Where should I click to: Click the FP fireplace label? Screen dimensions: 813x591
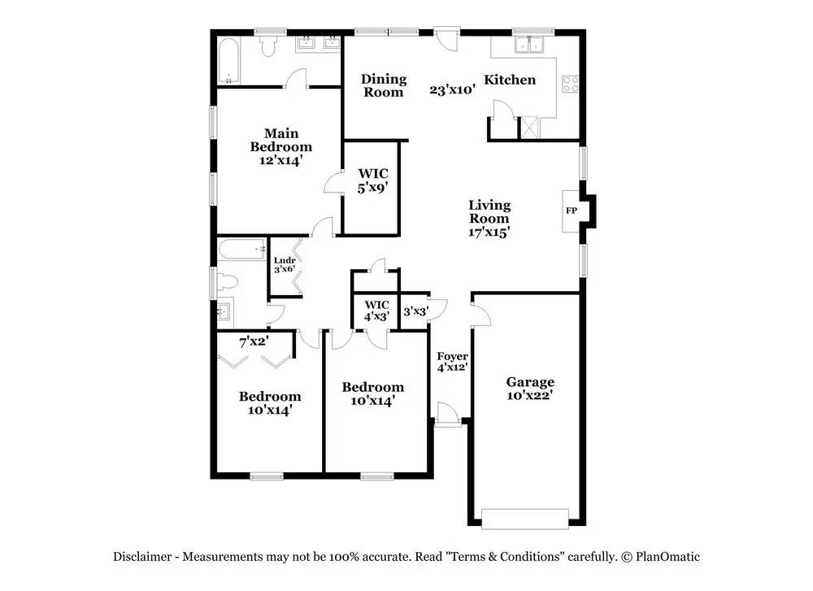[572, 211]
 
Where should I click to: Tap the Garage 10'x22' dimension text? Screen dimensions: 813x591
[530, 396]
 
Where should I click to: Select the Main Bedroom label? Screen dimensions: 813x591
[281, 140]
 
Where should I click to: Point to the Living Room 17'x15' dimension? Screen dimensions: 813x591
[489, 232]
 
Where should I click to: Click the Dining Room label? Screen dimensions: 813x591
[384, 85]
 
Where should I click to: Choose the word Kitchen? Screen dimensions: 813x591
[510, 80]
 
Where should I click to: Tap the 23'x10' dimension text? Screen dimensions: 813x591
[453, 89]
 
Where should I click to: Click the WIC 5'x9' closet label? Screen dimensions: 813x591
[373, 180]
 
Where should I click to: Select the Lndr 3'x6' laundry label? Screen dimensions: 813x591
[285, 265]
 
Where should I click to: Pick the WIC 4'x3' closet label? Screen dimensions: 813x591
[376, 311]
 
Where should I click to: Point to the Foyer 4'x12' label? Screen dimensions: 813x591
[452, 362]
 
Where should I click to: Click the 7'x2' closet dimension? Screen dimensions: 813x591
[254, 341]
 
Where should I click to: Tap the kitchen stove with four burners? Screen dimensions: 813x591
[571, 84]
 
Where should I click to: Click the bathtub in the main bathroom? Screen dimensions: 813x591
[228, 61]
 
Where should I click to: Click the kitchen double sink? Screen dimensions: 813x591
[529, 45]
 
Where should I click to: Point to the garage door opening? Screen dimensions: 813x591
[525, 519]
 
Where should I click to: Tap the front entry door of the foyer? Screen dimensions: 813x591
[447, 415]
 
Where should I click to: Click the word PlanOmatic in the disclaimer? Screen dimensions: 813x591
[667, 558]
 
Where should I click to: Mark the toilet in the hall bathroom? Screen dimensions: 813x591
[226, 282]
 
